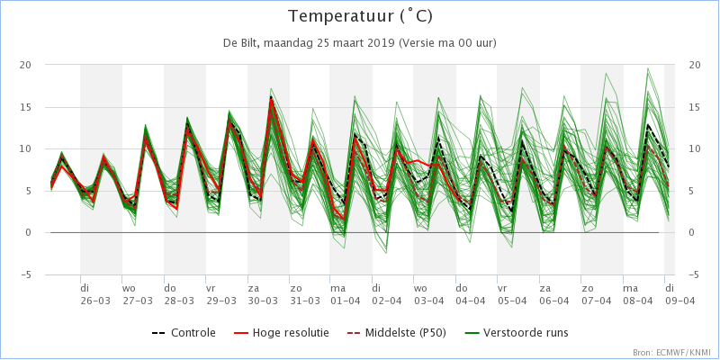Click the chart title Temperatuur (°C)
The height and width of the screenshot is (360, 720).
click(x=360, y=16)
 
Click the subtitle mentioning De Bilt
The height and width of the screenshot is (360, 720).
click(x=359, y=43)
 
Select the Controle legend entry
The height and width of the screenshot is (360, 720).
click(x=184, y=332)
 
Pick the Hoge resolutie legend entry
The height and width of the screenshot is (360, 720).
click(x=281, y=332)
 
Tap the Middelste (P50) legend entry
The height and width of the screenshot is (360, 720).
click(x=391, y=332)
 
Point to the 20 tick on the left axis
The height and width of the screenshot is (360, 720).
click(x=24, y=65)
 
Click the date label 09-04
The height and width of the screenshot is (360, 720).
click(x=679, y=301)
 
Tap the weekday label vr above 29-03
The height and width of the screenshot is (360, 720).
click(x=211, y=288)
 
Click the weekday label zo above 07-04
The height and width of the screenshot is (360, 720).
click(x=587, y=288)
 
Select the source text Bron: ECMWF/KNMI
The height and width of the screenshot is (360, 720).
click(x=673, y=352)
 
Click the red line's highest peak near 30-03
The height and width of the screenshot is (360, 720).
click(x=271, y=99)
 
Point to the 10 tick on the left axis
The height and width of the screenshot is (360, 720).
click(x=24, y=148)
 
